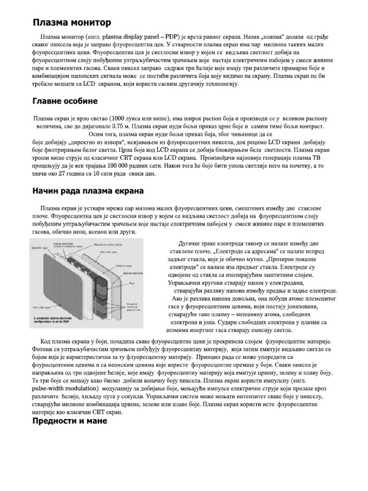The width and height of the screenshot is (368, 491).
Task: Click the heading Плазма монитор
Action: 71,23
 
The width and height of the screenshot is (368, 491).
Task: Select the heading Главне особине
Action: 65,101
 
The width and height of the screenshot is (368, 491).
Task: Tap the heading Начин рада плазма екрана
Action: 88,191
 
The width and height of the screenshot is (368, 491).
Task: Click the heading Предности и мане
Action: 70,421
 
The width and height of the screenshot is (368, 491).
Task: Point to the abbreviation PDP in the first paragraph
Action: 166,37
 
